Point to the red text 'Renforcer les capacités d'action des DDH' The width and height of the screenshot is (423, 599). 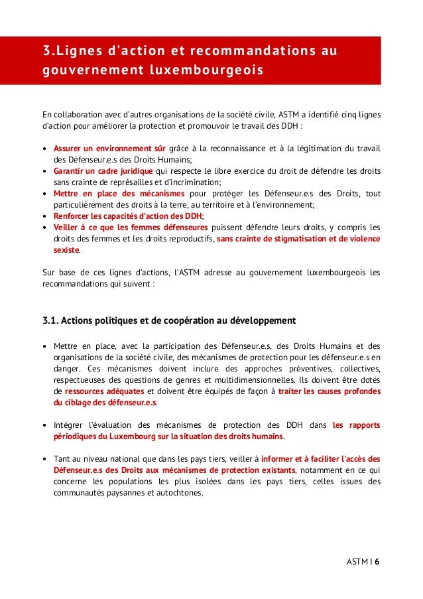coord(127,216)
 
